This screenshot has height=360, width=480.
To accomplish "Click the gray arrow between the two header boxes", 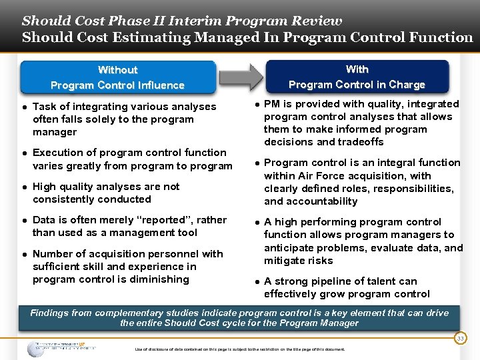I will pyautogui.click(x=241, y=77).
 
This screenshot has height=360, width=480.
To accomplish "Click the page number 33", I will pyautogui.click(x=459, y=339).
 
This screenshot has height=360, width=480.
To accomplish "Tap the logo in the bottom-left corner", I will pyautogui.click(x=61, y=347).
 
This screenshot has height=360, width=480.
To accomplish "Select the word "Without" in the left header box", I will pyautogui.click(x=117, y=70).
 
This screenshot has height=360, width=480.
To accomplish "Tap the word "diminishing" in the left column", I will pyautogui.click(x=158, y=279).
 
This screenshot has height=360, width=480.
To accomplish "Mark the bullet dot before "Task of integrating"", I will pyautogui.click(x=24, y=107).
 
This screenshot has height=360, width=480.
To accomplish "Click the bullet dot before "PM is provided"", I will pyautogui.click(x=256, y=104).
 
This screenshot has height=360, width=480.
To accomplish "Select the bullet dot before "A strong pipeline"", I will pyautogui.click(x=256, y=281).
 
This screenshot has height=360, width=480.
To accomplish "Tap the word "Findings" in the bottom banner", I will pyautogui.click(x=51, y=313).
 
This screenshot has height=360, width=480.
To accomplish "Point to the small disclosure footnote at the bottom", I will pyautogui.click(x=240, y=349).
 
